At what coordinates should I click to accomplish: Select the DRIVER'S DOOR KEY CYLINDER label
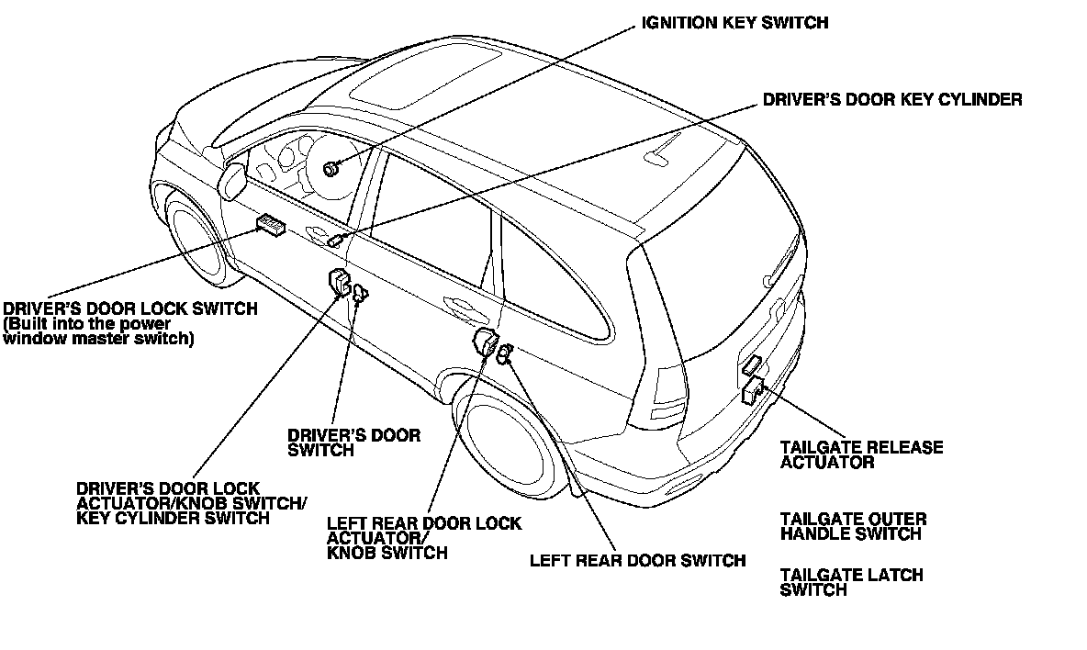pos(892,99)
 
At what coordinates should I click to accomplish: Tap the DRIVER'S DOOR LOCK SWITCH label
pos(130,309)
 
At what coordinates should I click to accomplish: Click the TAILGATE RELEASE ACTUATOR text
pos(861,455)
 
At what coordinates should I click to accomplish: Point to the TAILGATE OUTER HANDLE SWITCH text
pos(853,526)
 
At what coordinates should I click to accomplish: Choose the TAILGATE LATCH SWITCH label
pos(851,583)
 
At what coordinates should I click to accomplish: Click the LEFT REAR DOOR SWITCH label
pos(637,560)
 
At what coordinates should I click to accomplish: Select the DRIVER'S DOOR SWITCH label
pos(353,443)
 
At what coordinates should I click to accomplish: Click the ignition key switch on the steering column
pos(331,169)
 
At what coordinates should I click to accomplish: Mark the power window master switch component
pos(271,224)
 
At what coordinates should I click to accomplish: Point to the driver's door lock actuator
pos(339,282)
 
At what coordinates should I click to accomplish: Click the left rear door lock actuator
pos(484,342)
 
